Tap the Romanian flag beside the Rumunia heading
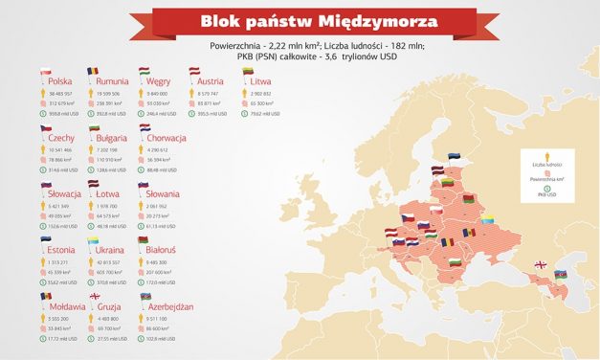[92, 72]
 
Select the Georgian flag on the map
[541, 265]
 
